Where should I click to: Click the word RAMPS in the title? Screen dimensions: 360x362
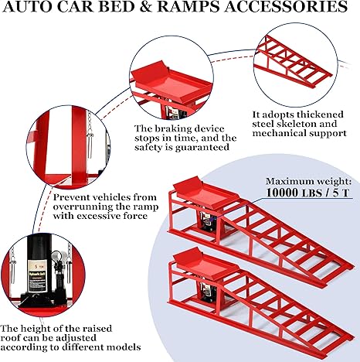188,6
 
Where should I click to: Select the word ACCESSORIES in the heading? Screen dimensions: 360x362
286,6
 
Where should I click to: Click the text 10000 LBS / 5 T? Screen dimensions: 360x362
309,193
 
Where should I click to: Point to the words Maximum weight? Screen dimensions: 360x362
308,182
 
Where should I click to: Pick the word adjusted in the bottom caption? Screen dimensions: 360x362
77,338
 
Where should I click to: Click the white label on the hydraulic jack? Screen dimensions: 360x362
37,276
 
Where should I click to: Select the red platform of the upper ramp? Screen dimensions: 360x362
206,193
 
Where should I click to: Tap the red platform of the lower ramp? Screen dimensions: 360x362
206,264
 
